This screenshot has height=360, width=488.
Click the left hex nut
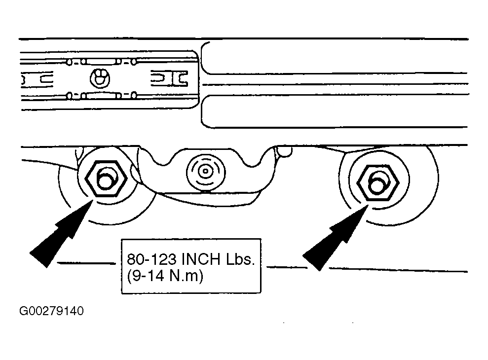106,179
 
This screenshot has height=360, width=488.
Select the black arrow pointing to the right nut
335,237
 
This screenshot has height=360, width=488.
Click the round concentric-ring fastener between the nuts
205,171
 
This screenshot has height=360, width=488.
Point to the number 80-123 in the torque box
151,259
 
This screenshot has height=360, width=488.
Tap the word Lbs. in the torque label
240,259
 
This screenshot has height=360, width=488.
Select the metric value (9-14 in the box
146,276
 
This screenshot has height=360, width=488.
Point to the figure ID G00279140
51,311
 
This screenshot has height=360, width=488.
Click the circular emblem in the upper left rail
100,78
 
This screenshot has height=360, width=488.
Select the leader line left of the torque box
86,263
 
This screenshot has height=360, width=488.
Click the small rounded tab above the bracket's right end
284,151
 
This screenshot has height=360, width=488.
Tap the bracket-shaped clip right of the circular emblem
170,78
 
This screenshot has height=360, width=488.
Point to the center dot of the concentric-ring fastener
205,171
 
